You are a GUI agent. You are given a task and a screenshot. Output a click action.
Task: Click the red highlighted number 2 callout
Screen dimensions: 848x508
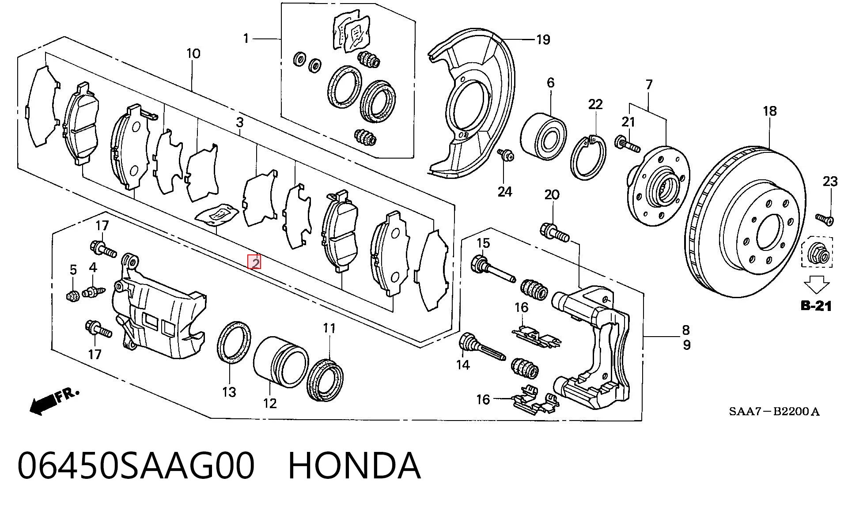254,262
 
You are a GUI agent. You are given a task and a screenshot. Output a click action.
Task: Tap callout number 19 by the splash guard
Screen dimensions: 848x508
543,40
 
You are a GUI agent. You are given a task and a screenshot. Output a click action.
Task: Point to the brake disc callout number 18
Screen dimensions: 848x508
769,111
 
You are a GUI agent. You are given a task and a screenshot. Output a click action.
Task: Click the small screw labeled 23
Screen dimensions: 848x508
825,219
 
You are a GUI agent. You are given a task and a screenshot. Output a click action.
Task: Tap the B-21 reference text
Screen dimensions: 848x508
816,305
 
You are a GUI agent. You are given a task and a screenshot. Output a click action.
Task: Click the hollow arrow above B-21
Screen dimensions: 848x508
817,284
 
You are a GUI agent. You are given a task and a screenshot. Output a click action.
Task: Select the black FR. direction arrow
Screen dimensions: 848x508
53,402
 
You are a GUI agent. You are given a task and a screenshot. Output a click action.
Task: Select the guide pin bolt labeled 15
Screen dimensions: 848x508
493,269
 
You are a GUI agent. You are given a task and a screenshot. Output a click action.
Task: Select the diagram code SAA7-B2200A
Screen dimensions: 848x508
774,412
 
